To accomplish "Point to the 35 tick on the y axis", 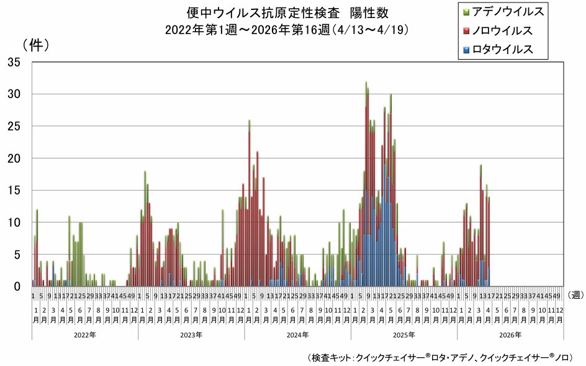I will click(14, 62).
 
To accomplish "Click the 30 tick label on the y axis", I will click(14, 94).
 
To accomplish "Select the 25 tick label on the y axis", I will click(14, 126).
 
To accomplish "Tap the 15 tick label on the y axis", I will click(14, 190).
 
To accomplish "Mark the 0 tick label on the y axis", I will click(18, 286).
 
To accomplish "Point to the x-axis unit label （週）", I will click(574, 295).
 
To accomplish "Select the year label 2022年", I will click(84, 334).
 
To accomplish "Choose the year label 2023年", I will click(191, 334).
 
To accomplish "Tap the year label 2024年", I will click(297, 334).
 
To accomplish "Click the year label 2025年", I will click(403, 334).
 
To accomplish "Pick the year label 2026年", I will click(510, 334).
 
